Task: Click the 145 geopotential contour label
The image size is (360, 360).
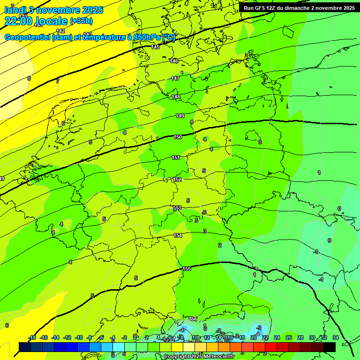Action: point(156,47)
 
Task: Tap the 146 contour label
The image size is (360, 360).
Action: point(174,61)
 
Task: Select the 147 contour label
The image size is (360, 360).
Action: point(175,78)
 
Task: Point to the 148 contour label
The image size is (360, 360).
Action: point(176,97)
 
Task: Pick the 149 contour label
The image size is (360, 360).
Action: point(180,116)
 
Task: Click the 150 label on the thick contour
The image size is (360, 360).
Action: point(178,137)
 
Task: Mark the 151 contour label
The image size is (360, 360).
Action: point(176,157)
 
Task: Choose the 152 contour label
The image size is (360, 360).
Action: point(177,180)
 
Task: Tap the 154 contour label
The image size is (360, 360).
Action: point(178,235)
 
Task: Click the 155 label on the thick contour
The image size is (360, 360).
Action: point(187,269)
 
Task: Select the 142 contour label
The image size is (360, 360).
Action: point(60,31)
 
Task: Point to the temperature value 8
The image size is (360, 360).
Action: point(29,78)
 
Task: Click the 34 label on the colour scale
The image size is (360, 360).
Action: point(335,337)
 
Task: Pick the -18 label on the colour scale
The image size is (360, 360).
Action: point(32,337)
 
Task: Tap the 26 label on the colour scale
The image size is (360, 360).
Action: point(289,337)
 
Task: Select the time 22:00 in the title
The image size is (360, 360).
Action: point(19,21)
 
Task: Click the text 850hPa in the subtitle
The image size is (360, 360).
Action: point(146,38)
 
